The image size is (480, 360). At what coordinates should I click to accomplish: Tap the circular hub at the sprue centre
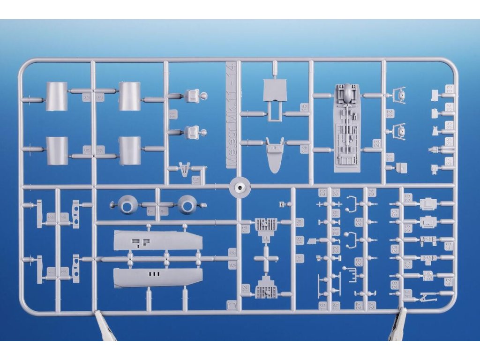pos(240,187)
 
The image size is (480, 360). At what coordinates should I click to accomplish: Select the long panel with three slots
pos(158,277)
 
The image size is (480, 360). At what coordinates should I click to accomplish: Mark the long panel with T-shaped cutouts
pos(158,240)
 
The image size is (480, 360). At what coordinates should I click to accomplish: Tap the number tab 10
pos(195,180)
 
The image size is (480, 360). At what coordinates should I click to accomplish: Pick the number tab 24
pos(372,193)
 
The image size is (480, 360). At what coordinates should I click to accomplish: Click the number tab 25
pos(359,222)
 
